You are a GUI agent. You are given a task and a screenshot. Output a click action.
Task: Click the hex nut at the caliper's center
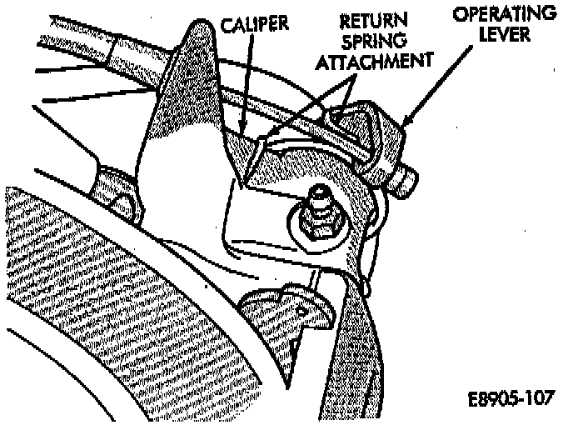(x=318, y=222)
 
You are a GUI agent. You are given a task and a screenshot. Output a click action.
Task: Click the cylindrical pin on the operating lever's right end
(x=406, y=182)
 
